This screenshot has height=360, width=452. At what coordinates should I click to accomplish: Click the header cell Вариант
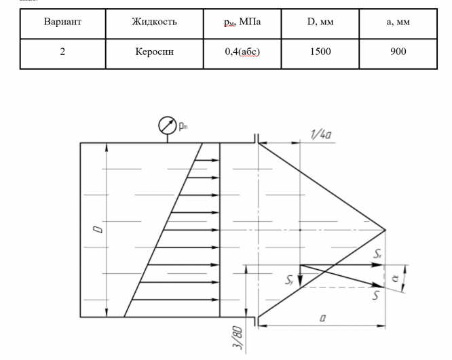point(62,22)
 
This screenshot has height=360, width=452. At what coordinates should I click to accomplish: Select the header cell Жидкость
point(154,22)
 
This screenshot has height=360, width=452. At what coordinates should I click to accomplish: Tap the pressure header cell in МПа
point(242,22)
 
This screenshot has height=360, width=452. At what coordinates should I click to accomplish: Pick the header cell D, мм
point(320,22)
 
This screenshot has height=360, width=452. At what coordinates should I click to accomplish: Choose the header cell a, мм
point(398,22)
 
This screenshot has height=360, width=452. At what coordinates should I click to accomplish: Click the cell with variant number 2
point(62,52)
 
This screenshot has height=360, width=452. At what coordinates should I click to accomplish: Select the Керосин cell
point(154,52)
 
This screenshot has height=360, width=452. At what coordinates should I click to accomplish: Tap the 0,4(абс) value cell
point(242,52)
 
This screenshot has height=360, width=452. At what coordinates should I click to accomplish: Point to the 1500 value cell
point(320,52)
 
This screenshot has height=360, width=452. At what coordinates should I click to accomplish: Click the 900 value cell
point(398,52)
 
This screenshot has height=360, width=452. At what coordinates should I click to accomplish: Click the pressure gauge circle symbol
point(167,126)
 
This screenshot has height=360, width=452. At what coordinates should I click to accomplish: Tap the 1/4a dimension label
point(321,134)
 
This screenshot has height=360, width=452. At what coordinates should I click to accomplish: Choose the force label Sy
point(290,278)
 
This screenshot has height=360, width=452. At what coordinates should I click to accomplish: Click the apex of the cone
point(385,230)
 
